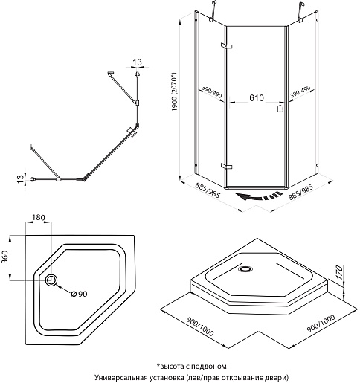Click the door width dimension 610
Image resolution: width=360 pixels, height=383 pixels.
pyautogui.click(x=257, y=98)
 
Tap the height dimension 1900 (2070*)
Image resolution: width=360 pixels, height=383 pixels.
pyautogui.click(x=174, y=91)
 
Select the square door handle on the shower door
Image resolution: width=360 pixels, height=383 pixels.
pyautogui.click(x=280, y=109)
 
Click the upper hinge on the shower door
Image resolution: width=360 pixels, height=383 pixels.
pyautogui.click(x=226, y=45)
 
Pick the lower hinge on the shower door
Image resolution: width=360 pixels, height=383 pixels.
pyautogui.click(x=226, y=166)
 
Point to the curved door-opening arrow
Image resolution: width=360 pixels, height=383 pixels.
pyautogui.click(x=259, y=196)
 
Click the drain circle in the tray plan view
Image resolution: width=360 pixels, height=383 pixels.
pyautogui.click(x=51, y=280)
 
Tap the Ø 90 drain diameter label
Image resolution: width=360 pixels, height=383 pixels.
pyautogui.click(x=79, y=294)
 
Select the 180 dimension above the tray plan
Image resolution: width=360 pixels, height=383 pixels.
pyautogui.click(x=39, y=217)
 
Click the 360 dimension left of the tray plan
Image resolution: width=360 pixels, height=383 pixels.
pyautogui.click(x=5, y=257)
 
